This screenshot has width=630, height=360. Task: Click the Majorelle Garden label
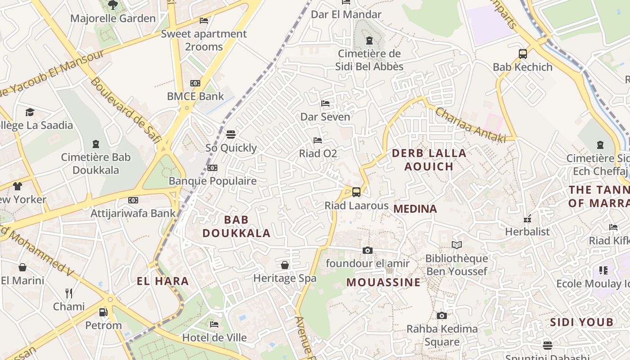coord(113,18)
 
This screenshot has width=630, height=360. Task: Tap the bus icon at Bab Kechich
coord(522,54)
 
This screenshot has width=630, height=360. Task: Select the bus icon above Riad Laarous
coord(356,192)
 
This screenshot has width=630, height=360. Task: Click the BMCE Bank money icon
coord(195,83)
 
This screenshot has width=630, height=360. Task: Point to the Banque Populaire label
coord(212,181)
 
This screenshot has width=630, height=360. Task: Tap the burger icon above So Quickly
coord(231,135)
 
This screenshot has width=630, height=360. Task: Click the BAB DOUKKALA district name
coord(236,226)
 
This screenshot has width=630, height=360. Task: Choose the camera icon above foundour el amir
coord(368,250)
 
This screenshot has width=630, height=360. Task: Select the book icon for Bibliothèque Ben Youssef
coord(457,245)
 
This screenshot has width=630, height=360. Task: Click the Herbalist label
coord(527,232)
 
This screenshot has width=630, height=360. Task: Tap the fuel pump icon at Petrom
coord(103,312)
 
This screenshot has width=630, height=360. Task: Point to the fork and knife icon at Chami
coord(69,293)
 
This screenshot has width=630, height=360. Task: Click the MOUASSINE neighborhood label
coord(383,283)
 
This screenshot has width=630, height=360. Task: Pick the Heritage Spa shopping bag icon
coord(285,265)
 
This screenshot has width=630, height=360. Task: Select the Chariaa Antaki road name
coord(471,125)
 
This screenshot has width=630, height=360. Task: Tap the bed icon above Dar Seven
coord(325,103)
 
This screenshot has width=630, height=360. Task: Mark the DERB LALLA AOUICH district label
coord(429,160)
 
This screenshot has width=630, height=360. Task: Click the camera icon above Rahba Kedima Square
coord(442,316)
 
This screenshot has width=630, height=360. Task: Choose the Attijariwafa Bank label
coord(133,213)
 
